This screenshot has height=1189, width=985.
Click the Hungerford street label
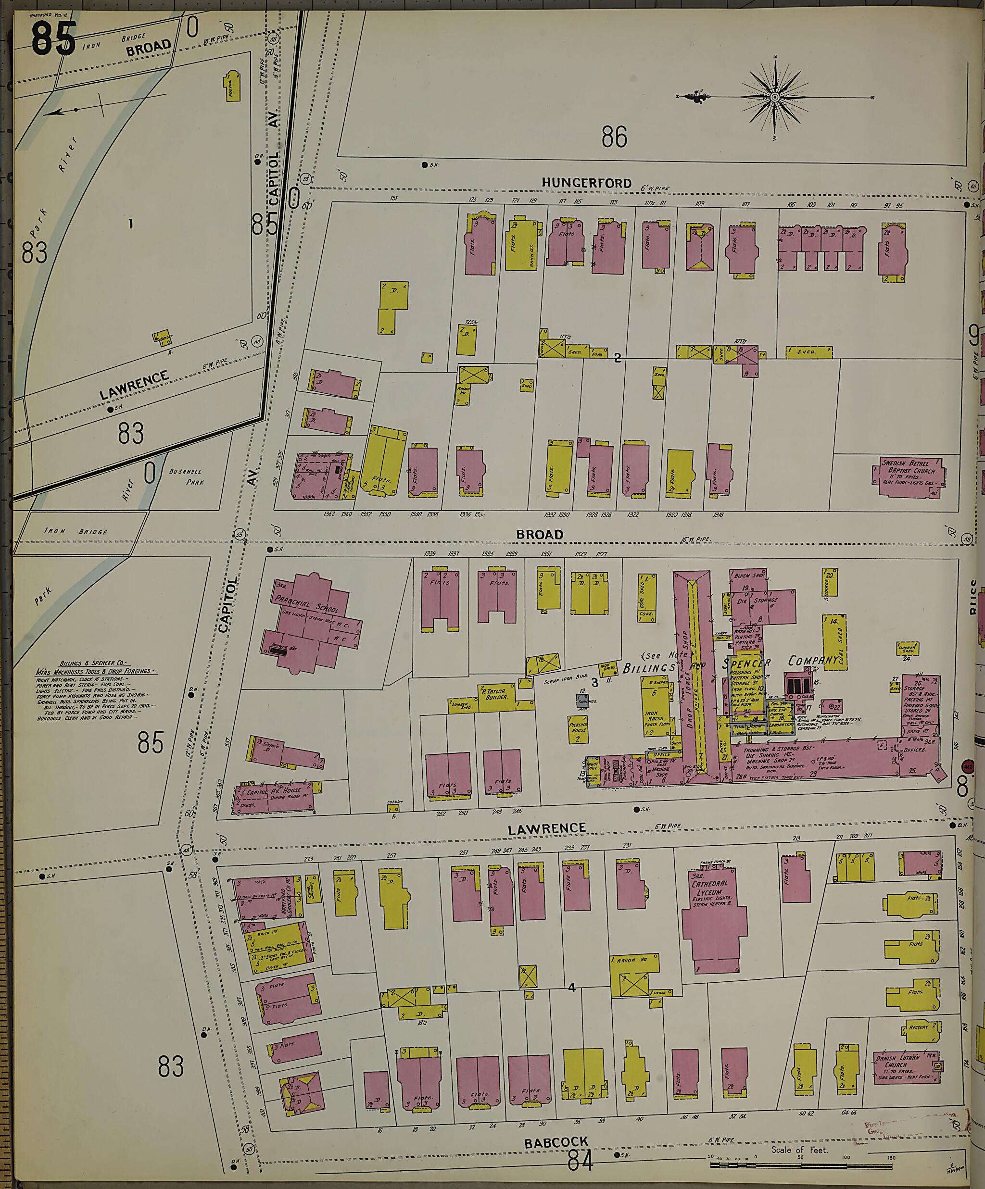(586, 183)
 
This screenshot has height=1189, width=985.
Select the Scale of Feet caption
(799, 1150)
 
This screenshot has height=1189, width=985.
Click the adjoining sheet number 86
(614, 138)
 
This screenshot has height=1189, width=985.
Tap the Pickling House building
(578, 730)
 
